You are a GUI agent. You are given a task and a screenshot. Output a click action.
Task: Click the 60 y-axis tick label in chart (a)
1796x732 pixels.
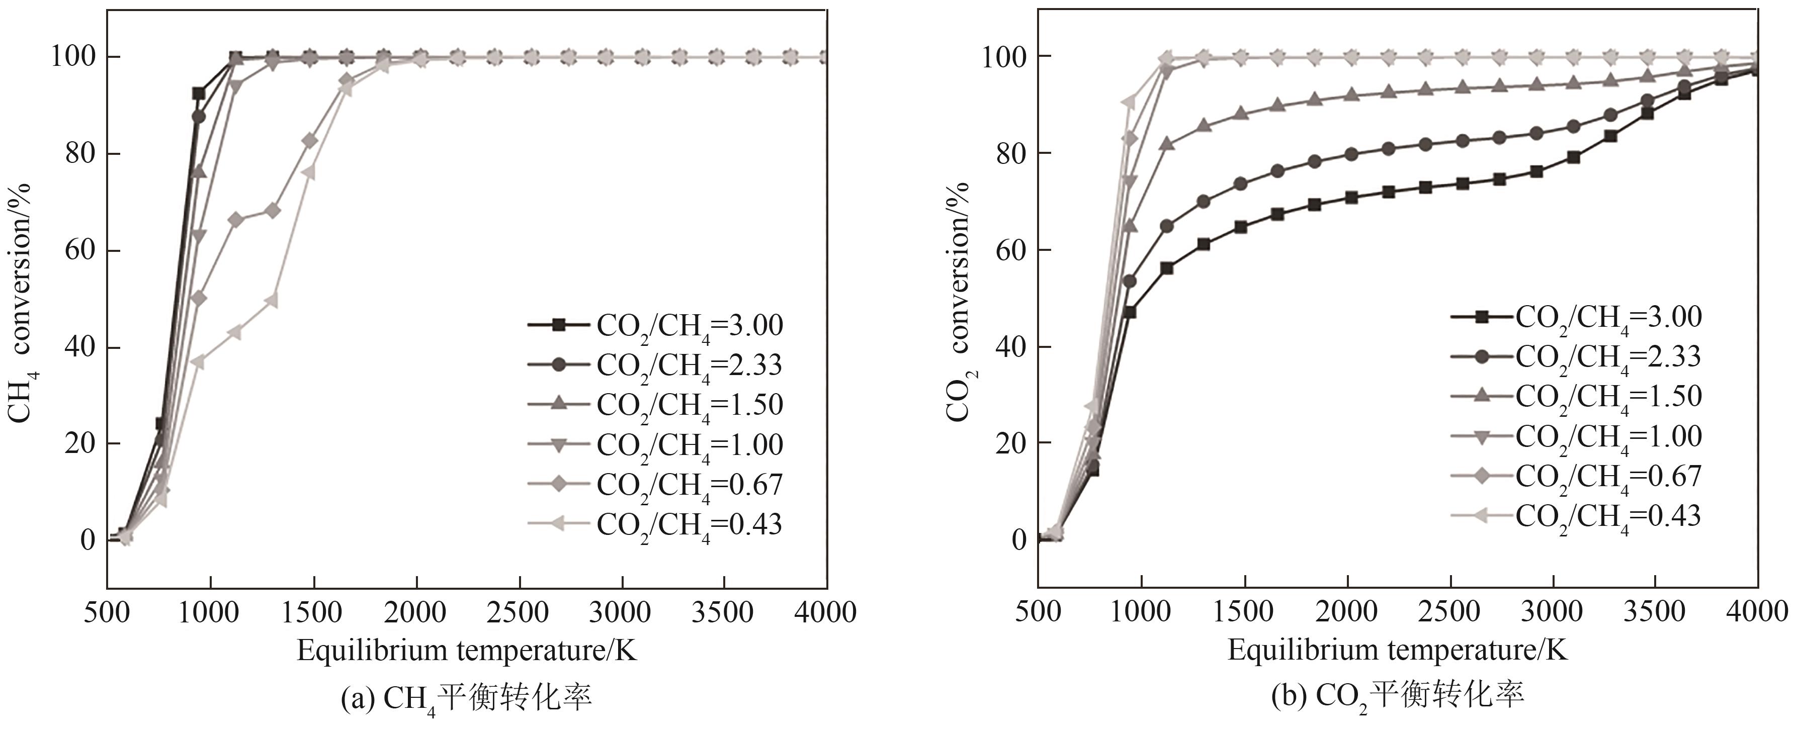[x=79, y=250]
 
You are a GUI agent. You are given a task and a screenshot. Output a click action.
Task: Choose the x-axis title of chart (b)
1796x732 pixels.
[x=1397, y=651]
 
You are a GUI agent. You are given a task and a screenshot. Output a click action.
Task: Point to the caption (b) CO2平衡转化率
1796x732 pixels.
[x=1397, y=697]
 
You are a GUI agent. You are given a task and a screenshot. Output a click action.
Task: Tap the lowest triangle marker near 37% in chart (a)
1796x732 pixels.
[x=198, y=361]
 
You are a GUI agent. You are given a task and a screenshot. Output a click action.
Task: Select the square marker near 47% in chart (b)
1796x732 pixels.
[x=1130, y=312]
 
